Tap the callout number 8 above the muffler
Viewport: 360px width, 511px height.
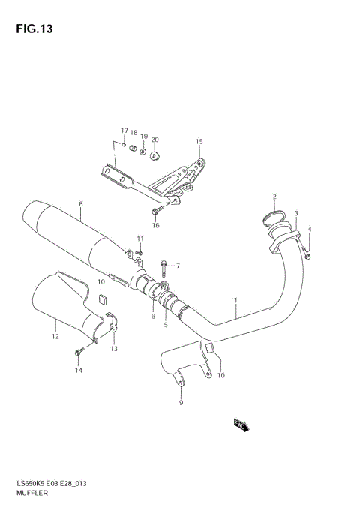click(x=80, y=204)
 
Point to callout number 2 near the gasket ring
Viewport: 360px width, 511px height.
click(x=274, y=197)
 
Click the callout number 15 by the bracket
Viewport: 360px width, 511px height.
click(x=199, y=141)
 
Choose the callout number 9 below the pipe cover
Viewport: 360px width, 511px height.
click(x=180, y=404)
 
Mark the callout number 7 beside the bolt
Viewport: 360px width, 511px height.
click(x=178, y=266)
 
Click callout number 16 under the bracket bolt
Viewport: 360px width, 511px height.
click(x=156, y=225)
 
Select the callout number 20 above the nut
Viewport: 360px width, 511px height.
click(x=154, y=140)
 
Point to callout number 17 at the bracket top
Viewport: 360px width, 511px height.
click(x=124, y=131)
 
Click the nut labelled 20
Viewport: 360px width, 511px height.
click(x=154, y=155)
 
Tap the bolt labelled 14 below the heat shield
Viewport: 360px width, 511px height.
click(x=78, y=352)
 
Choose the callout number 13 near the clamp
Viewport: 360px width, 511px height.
click(x=114, y=349)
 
